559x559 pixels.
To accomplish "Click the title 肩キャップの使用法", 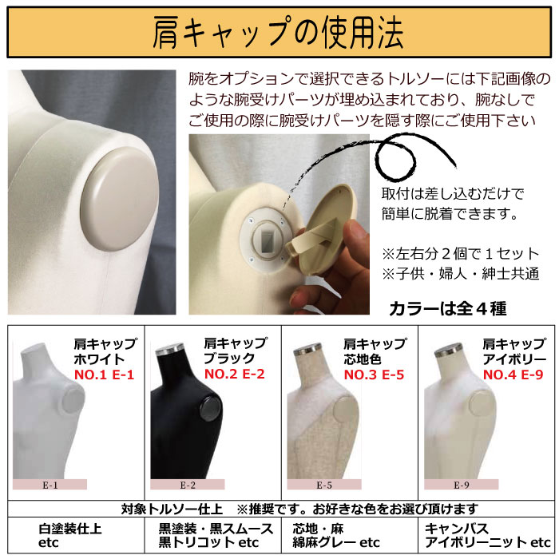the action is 278,33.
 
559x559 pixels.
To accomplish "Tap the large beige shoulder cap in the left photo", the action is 120,199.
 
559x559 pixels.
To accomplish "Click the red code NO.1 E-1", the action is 104,375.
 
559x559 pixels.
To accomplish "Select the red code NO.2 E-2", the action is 235,374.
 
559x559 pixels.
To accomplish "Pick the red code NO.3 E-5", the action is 374,375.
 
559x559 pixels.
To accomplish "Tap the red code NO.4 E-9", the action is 513,375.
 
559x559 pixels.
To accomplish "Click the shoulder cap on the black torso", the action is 211,409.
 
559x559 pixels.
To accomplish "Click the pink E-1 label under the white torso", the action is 50,485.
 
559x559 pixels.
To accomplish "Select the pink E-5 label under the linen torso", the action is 324,485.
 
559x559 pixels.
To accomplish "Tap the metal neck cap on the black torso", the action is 170,349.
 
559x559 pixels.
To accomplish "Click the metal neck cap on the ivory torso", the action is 449,351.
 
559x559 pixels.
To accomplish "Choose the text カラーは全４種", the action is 447,309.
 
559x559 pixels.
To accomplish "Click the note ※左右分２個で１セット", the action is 461,254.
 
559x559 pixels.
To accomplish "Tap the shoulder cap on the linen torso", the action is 343,410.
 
